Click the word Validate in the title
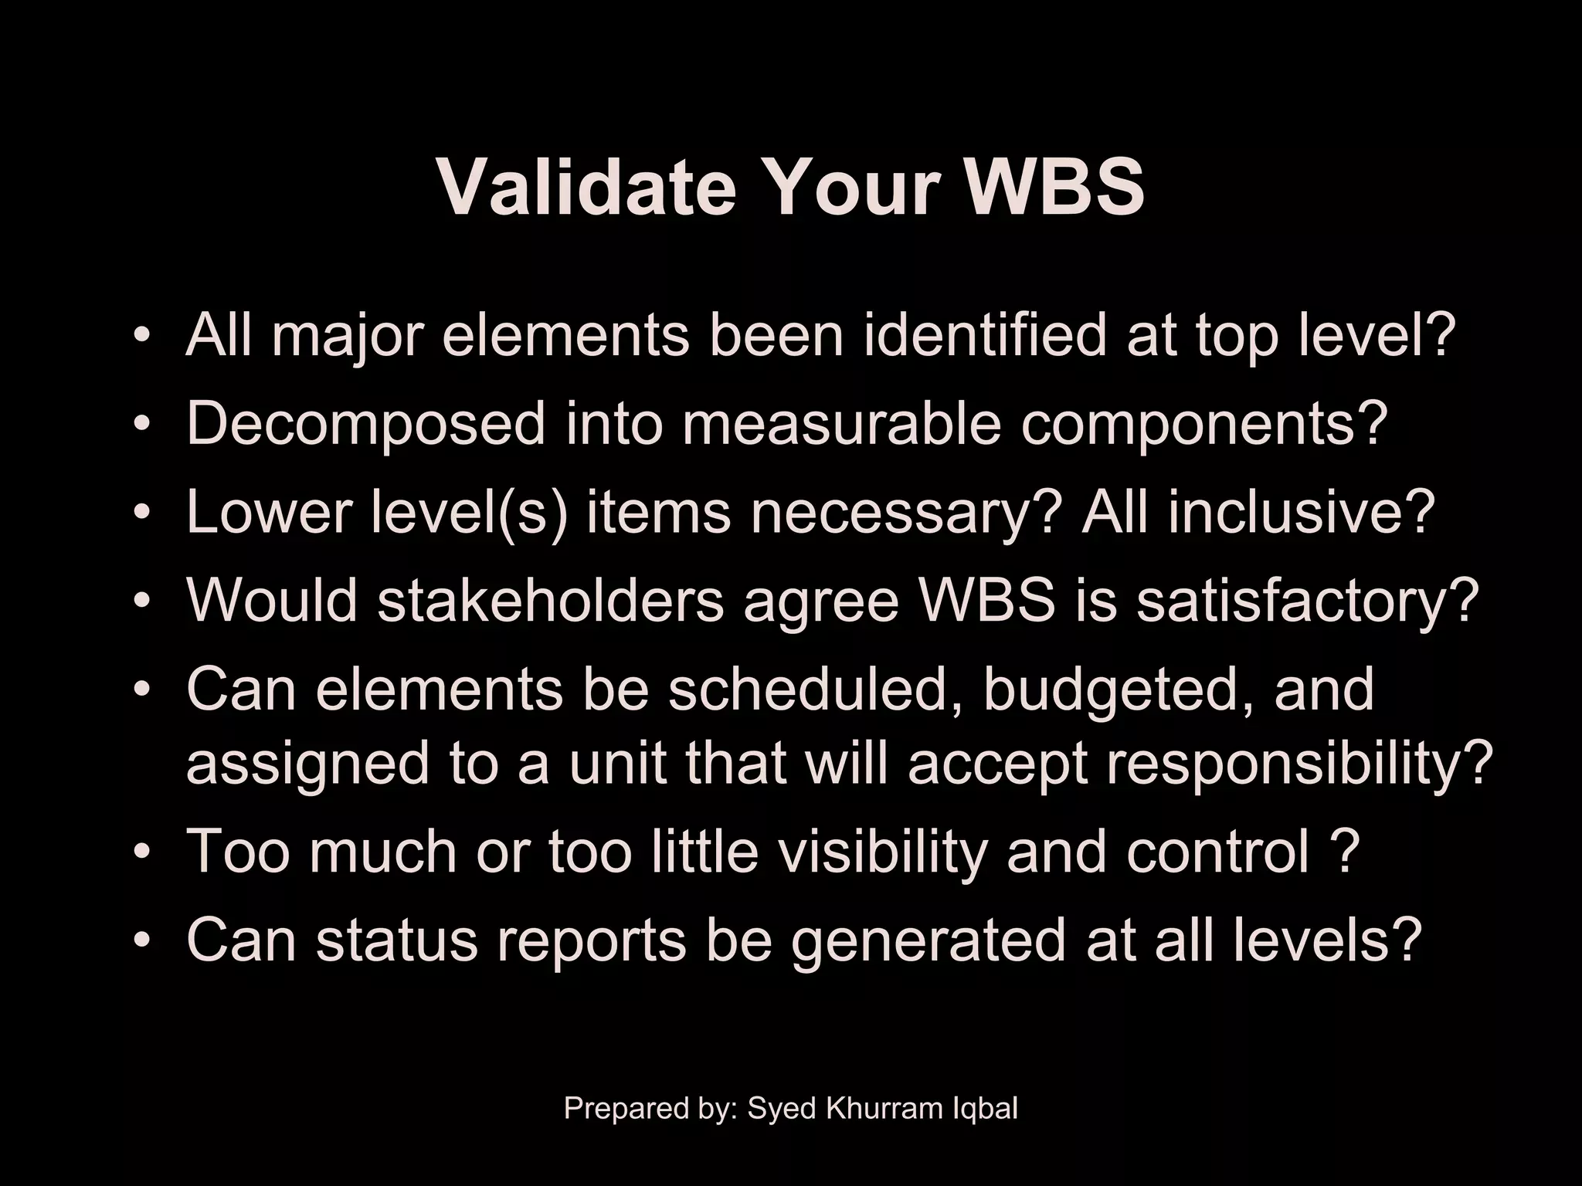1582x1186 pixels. pyautogui.click(x=586, y=188)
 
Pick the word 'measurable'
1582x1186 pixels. pyautogui.click(x=841, y=424)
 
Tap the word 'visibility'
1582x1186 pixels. pyautogui.click(x=881, y=851)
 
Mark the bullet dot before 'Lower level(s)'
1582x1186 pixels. pyautogui.click(x=141, y=514)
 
